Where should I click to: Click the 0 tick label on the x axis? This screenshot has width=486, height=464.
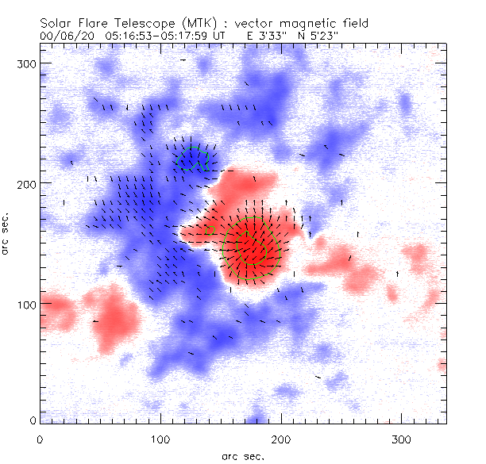[40, 438]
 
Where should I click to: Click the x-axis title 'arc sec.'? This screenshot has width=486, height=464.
[241, 456]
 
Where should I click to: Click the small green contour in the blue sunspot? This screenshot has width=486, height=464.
[195, 158]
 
